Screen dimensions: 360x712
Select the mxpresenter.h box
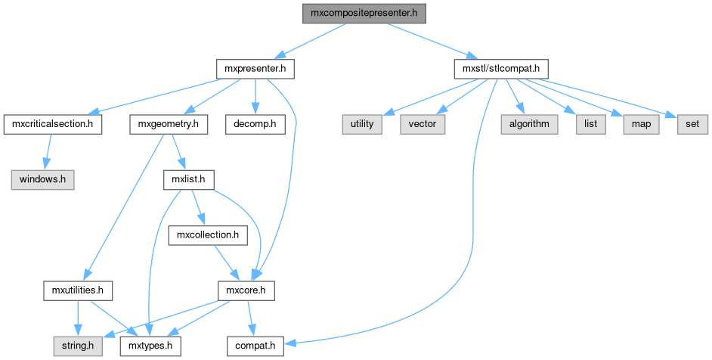coord(255,69)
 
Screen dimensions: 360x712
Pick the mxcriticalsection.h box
coord(53,124)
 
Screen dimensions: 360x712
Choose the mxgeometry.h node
coord(169,124)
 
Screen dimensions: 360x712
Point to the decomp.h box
coord(255,124)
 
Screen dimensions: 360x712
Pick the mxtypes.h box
coord(150,346)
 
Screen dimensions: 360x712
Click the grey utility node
coord(362,124)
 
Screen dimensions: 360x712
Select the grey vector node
coord(423,124)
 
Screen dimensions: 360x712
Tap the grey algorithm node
coord(528,124)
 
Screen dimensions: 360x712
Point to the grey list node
coord(590,124)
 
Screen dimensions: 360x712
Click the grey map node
coord(640,124)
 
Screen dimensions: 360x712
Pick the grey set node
coord(692,124)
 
